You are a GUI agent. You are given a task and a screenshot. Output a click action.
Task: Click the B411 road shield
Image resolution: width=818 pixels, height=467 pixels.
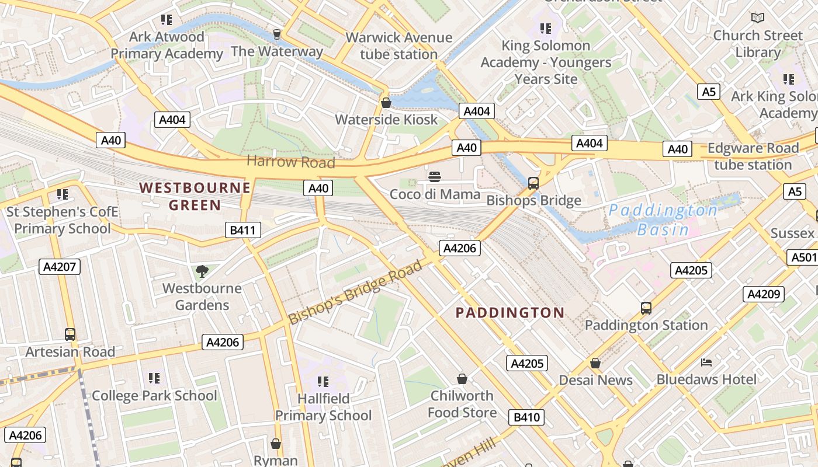[x=242, y=230]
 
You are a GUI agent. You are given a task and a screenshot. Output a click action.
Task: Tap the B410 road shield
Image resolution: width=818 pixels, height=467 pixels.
[x=526, y=417]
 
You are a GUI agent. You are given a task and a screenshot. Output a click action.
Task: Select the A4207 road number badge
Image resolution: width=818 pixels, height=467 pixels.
[x=59, y=267]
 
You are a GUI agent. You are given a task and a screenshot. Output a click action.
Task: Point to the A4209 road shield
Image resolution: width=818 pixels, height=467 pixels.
[x=764, y=294]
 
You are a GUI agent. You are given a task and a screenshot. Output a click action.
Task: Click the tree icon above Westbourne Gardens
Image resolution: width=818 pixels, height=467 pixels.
[x=202, y=271]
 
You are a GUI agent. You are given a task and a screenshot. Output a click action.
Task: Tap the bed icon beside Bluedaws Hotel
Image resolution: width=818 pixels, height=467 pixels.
[x=706, y=363]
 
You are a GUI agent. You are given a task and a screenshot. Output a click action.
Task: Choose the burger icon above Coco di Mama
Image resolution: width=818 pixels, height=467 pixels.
[x=434, y=177]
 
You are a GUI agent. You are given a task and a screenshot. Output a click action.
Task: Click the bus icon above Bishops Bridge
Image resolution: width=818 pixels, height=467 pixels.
[x=533, y=183]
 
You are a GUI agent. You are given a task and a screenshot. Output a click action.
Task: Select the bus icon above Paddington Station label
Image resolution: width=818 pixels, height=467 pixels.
[x=646, y=308]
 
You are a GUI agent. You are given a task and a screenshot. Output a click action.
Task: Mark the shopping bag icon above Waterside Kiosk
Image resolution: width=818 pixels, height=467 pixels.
[x=386, y=103]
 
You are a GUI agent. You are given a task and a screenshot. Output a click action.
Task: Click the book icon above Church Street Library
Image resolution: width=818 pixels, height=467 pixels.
[x=758, y=18]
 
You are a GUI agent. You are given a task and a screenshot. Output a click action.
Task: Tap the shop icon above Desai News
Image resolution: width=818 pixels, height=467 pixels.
[x=595, y=363]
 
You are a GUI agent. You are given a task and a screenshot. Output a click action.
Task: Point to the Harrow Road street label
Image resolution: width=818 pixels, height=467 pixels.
[x=290, y=162]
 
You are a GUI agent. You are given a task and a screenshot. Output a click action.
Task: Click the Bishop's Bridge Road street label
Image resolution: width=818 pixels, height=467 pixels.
[x=355, y=292]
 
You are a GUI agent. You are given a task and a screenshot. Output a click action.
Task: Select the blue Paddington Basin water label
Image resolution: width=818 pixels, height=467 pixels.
[x=663, y=219]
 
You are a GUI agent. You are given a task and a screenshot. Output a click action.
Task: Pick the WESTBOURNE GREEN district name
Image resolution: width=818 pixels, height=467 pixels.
[x=195, y=196]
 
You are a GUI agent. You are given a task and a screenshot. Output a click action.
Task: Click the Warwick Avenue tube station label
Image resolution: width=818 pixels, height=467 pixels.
[x=398, y=46]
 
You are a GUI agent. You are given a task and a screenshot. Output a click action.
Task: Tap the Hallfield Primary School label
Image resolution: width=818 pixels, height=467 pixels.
[x=323, y=407]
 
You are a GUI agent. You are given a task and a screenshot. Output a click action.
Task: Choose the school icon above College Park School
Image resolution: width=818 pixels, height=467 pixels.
[x=154, y=378]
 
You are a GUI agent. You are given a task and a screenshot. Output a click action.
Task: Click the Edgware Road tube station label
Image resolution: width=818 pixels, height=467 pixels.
[x=753, y=156]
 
